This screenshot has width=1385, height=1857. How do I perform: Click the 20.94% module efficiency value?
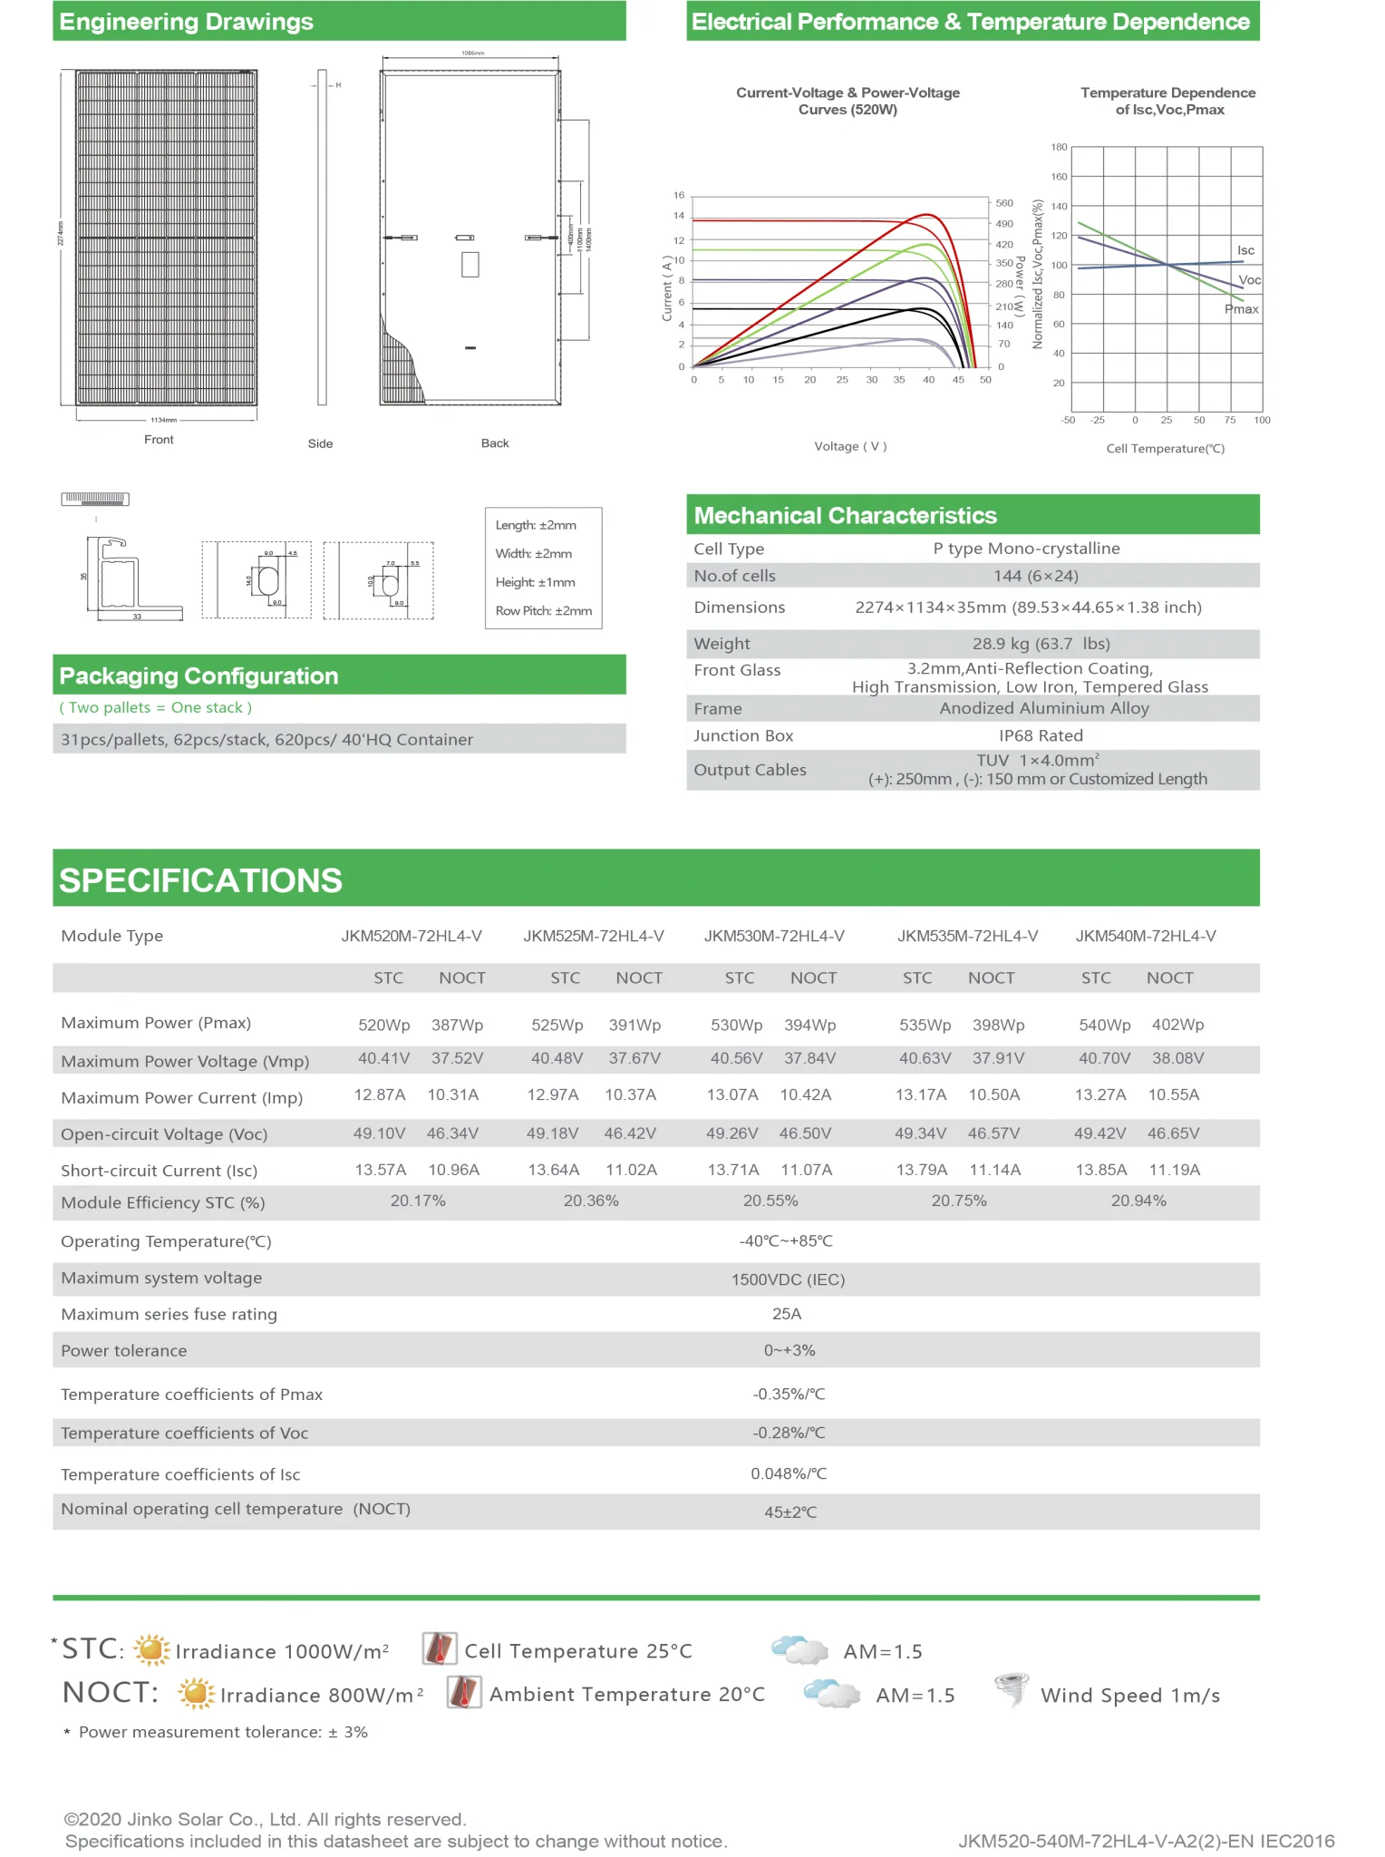click(x=1138, y=1201)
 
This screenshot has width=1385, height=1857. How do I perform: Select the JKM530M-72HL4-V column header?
click(x=774, y=936)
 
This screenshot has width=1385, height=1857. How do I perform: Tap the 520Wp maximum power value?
click(x=383, y=1025)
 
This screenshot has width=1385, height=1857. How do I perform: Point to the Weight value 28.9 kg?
click(x=1041, y=644)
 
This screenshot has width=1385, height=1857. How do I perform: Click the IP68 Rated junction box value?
click(x=1041, y=735)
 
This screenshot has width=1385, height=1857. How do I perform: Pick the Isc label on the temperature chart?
click(x=1245, y=250)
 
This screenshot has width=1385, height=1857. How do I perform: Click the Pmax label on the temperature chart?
click(x=1241, y=309)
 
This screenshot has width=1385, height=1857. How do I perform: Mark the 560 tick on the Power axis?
click(x=1004, y=203)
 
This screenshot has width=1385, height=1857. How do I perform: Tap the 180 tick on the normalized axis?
click(x=1059, y=147)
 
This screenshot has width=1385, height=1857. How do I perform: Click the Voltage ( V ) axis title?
click(x=850, y=446)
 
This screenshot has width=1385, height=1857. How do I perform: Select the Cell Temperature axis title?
click(x=1165, y=449)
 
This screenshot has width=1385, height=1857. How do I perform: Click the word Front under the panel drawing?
click(x=159, y=440)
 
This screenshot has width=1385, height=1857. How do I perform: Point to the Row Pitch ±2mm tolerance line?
click(x=543, y=611)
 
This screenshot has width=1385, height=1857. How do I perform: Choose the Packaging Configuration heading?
click(x=199, y=676)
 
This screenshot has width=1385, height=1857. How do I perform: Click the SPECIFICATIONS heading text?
click(x=200, y=880)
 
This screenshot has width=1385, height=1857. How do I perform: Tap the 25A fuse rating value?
click(x=787, y=1314)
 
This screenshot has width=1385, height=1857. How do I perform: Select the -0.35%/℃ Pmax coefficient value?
click(x=789, y=1394)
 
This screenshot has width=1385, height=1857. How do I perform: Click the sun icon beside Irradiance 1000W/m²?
click(x=151, y=1650)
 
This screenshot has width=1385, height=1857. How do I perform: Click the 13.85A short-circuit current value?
click(x=1100, y=1170)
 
